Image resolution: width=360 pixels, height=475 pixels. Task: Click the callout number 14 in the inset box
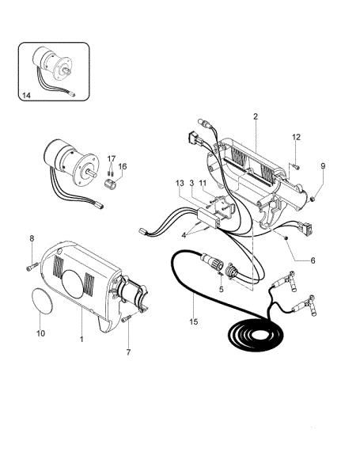pyautogui.click(x=26, y=96)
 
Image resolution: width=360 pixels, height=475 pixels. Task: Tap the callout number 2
pyautogui.click(x=256, y=116)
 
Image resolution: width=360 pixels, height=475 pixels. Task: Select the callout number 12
pyautogui.click(x=297, y=137)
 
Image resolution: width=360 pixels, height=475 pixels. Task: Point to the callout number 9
pyautogui.click(x=323, y=165)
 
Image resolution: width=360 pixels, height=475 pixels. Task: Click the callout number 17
pyautogui.click(x=112, y=158)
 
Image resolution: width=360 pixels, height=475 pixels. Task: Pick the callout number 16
pyautogui.click(x=123, y=166)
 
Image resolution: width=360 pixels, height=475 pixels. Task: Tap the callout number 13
pyautogui.click(x=180, y=183)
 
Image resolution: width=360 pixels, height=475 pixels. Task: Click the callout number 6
pyautogui.click(x=313, y=260)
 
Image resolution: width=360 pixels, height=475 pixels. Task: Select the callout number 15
pyautogui.click(x=194, y=321)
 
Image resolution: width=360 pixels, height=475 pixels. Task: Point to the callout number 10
pyautogui.click(x=40, y=333)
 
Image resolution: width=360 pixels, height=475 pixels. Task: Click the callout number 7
pyautogui.click(x=128, y=352)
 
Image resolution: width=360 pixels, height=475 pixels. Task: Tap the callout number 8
pyautogui.click(x=32, y=238)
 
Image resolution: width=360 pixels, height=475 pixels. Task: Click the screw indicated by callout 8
pyautogui.click(x=32, y=267)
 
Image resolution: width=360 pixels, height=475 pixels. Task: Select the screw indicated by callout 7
pyautogui.click(x=127, y=318)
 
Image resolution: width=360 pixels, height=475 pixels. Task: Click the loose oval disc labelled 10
pyautogui.click(x=43, y=301)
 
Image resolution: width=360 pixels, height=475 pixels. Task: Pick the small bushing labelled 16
pyautogui.click(x=112, y=184)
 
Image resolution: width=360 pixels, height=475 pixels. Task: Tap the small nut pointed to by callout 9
pyautogui.click(x=313, y=199)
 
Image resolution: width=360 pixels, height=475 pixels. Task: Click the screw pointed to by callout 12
pyautogui.click(x=297, y=166)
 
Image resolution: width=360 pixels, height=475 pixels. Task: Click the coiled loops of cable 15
pyautogui.click(x=256, y=334)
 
